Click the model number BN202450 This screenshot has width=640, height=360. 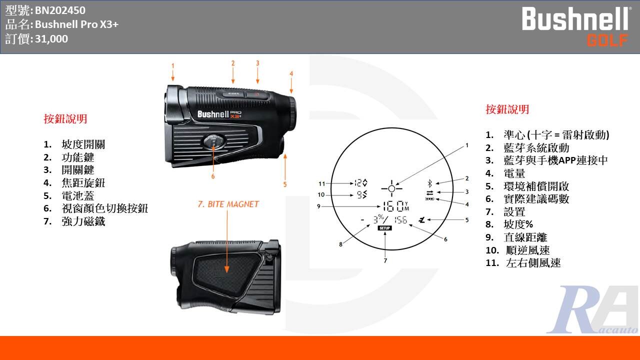(60, 10)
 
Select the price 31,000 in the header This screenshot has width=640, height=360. (51, 38)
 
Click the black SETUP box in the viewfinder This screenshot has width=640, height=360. (384, 228)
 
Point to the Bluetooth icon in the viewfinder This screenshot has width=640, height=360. (429, 183)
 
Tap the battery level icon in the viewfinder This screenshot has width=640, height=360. (429, 199)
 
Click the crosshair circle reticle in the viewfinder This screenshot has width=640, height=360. (391, 188)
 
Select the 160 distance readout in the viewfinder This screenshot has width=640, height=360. (392, 205)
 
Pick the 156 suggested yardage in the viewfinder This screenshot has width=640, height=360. (400, 220)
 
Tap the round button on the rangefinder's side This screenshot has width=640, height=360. (214, 141)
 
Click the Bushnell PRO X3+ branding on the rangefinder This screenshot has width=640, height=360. (219, 114)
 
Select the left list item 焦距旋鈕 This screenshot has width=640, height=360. (83, 183)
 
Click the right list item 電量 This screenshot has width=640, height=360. (514, 173)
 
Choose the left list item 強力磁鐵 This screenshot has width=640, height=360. (83, 221)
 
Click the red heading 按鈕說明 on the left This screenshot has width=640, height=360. (65, 119)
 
